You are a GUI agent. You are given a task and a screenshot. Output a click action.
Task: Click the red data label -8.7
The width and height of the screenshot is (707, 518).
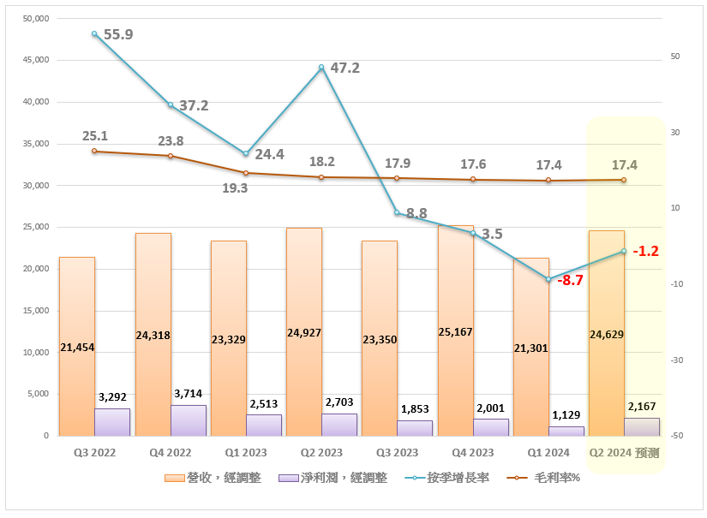coord(570,280)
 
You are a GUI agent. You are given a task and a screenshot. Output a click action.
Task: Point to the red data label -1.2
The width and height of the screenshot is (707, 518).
coord(645,251)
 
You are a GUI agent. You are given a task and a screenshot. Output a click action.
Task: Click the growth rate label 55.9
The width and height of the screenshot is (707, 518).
coord(118,35)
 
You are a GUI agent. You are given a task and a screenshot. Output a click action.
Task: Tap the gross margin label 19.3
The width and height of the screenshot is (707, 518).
coord(235,188)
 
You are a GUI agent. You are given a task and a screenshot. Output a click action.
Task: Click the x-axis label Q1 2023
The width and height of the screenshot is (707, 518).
coord(245,452)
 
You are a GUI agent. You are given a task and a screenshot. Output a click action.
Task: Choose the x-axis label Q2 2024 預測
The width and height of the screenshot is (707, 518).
coord(623,452)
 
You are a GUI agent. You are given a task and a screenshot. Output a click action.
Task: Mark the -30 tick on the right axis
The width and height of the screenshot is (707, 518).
coord(676,360)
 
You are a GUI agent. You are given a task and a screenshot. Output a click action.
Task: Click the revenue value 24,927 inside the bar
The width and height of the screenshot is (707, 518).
coord(304,332)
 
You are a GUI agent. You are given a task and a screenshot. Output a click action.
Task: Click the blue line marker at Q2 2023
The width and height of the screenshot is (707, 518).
coord(321,68)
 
